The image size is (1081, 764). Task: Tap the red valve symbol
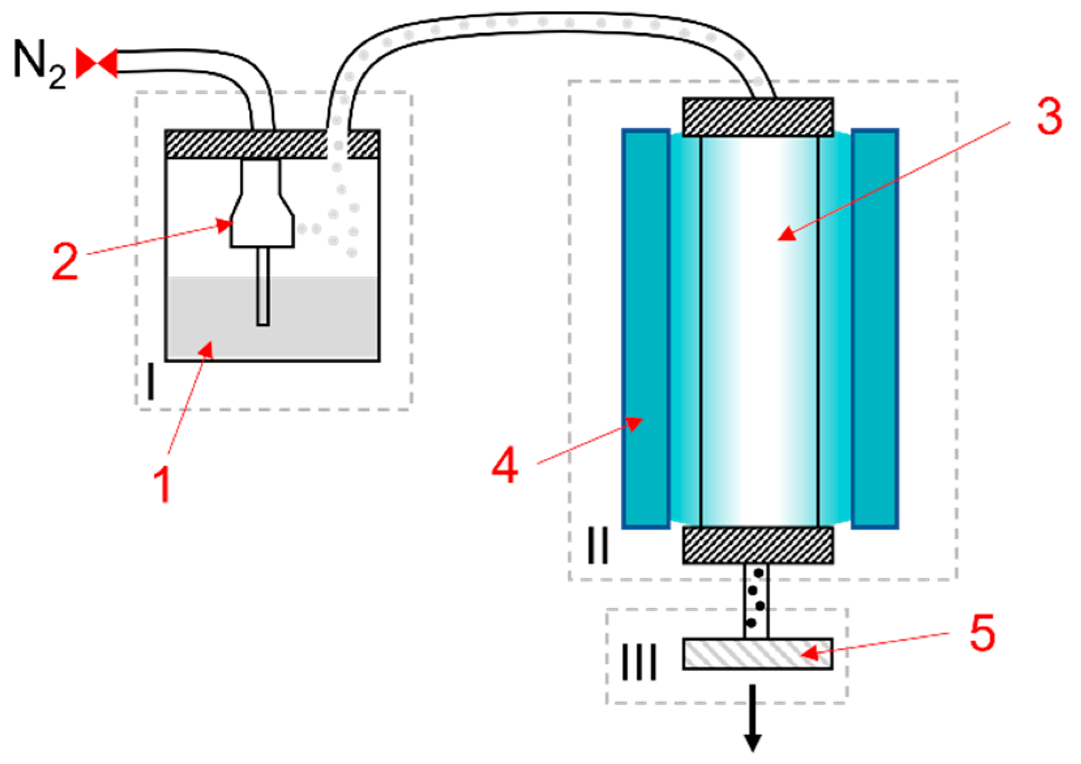[97, 63]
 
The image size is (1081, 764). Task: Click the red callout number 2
[65, 261]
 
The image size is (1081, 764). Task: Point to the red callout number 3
[1049, 116]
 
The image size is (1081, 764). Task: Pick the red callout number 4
[505, 465]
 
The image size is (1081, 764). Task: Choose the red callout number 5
[982, 633]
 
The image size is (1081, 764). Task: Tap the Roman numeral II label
[597, 545]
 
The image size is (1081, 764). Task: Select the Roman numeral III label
[639, 663]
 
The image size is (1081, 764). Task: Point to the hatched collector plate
[757, 654]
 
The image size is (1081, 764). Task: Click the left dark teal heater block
[646, 328]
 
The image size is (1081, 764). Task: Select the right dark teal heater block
[874, 328]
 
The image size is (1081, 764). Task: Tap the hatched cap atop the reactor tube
[757, 117]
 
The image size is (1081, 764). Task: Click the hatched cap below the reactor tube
[757, 545]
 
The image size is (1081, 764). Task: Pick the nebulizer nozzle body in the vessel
[262, 220]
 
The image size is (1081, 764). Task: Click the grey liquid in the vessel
[320, 320]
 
